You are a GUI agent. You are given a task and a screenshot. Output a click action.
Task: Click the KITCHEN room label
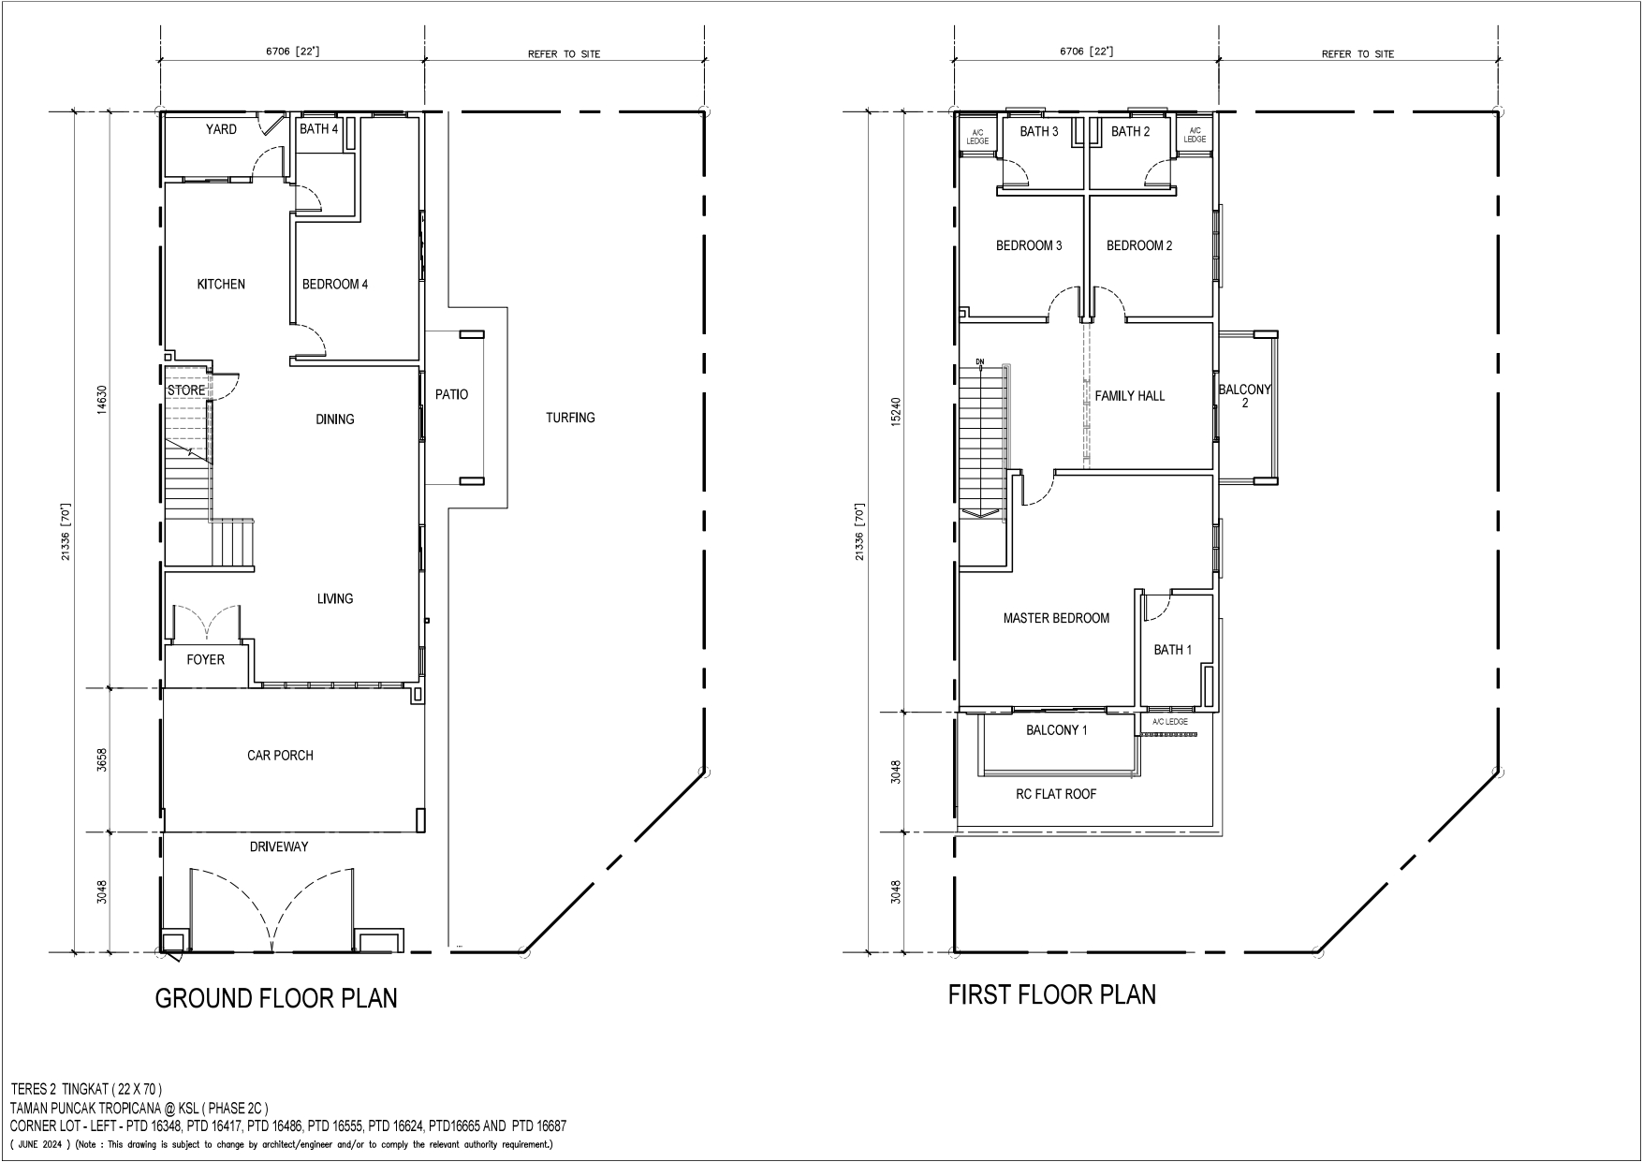point(221,284)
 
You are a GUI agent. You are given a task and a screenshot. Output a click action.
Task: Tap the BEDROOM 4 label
point(335,284)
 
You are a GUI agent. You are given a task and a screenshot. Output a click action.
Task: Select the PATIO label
point(451,395)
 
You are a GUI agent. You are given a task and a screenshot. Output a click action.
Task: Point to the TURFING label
point(570,418)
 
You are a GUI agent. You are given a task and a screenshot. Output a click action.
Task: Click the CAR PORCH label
point(280,756)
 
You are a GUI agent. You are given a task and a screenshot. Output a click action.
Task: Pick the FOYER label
point(205,660)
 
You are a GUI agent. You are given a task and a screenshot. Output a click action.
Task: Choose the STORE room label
point(186,390)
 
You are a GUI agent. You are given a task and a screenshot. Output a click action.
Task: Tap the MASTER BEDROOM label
point(1056,618)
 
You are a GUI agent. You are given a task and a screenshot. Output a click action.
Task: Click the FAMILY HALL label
point(1130,396)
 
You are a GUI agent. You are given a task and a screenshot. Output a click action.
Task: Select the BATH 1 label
point(1173,650)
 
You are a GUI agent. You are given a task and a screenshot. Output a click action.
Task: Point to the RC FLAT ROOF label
point(1056,794)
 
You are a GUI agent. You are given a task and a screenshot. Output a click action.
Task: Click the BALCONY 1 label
point(1056,730)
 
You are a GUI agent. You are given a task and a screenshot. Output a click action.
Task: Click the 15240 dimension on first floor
point(896,413)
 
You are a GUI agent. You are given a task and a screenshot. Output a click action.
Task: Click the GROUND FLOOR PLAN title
point(276,998)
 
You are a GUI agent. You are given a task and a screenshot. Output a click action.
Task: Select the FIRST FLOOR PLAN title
point(1052,994)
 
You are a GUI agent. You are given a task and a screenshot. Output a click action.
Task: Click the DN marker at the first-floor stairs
point(980,360)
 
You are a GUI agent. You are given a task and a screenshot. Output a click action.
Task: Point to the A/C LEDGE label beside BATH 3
point(977,137)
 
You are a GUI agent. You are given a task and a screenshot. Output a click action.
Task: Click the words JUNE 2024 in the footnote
point(47,1144)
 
